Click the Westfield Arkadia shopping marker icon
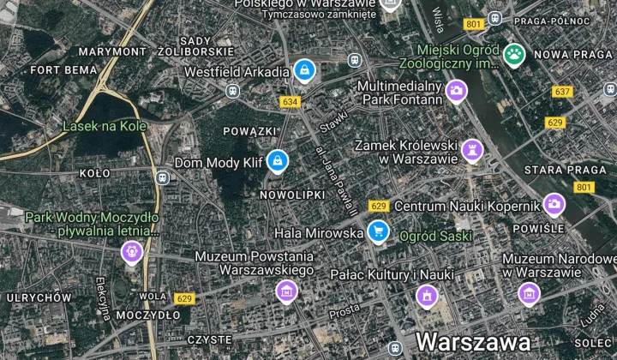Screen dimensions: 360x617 [x=303, y=70]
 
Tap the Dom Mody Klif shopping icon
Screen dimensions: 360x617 [x=277, y=160]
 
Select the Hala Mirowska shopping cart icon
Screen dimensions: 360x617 [x=378, y=231]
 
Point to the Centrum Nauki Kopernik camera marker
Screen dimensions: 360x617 [x=554, y=204]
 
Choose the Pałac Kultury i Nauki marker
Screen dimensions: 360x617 [x=426, y=296]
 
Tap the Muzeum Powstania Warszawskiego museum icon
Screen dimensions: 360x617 [x=286, y=292]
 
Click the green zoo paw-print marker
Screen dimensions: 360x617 [x=513, y=55]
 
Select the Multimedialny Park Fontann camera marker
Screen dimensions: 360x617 [x=456, y=90]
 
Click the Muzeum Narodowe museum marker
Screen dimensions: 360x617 [x=529, y=293]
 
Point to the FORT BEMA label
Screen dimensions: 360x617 [x=63, y=69]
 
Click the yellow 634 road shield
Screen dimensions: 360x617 [x=291, y=102]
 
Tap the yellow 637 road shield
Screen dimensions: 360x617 [x=562, y=92]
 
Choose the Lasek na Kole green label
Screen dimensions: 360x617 [x=100, y=126]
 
